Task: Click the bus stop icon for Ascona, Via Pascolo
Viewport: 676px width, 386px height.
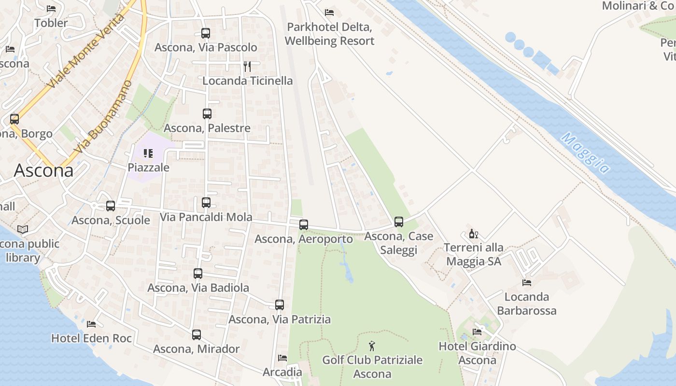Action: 206,33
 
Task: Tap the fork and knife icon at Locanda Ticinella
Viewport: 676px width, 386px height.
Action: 247,66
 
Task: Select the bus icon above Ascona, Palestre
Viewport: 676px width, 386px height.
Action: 207,114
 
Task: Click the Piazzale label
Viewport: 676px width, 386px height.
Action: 149,167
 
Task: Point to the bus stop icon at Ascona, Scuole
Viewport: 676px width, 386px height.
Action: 111,206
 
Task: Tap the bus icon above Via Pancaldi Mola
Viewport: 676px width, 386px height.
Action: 206,203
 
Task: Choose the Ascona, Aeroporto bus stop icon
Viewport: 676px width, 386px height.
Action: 304,225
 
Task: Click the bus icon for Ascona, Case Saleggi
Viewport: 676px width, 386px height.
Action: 399,222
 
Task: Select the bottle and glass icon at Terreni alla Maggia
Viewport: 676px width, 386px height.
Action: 474,234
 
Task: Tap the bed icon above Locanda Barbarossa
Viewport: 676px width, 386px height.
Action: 527,283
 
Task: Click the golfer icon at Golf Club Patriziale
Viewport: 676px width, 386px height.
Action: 372,346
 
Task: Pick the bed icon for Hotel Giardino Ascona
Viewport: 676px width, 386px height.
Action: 477,332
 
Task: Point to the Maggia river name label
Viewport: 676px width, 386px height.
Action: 586,153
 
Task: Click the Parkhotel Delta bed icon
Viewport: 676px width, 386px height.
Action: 329,12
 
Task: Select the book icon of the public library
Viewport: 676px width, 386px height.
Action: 23,229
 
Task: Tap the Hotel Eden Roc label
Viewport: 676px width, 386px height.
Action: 92,338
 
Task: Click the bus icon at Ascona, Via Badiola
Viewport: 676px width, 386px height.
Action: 198,274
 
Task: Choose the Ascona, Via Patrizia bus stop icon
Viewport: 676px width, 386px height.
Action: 280,305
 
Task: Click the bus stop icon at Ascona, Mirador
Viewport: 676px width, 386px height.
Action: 197,335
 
